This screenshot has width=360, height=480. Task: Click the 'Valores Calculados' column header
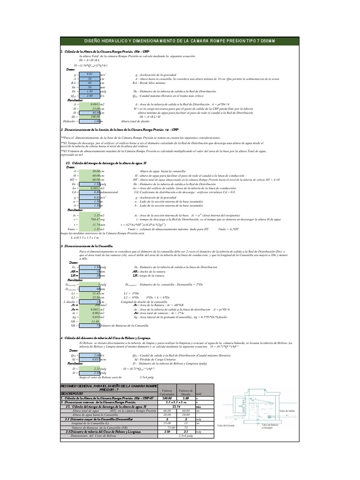click(166, 391)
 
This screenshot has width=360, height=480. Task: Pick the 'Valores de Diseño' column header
click(186, 391)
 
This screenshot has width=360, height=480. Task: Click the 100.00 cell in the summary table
click(166, 398)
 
